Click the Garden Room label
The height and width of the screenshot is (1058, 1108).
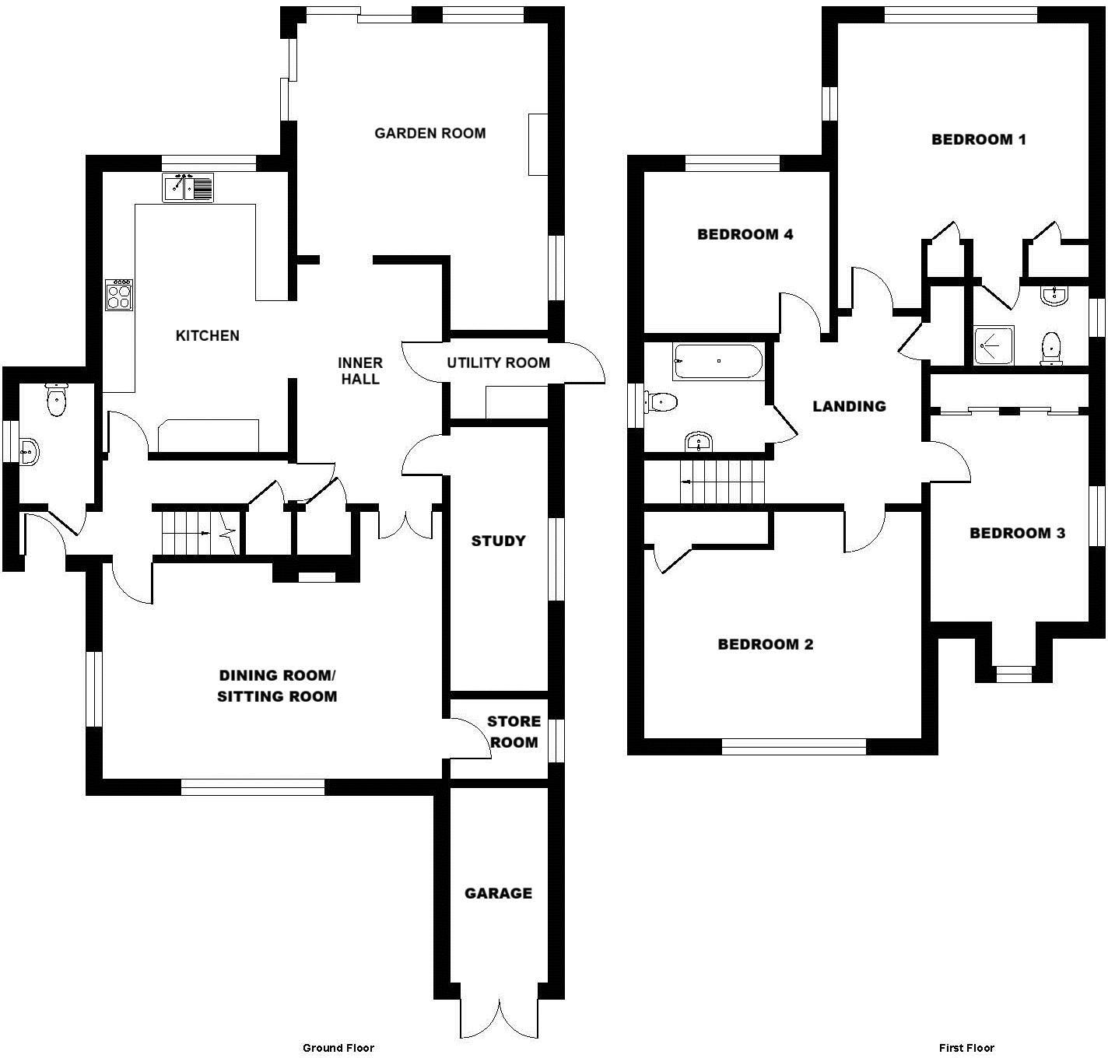tap(430, 133)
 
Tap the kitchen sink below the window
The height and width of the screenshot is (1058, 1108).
tap(188, 187)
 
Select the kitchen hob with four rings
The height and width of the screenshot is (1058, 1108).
tap(119, 295)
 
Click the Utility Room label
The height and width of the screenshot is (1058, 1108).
tap(498, 363)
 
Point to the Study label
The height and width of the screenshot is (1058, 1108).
tap(498, 541)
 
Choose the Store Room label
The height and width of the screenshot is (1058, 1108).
tap(514, 731)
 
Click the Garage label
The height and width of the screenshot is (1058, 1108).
tap(498, 893)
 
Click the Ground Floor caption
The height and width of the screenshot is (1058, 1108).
tap(338, 1048)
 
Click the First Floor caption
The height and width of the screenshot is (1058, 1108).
tap(966, 1048)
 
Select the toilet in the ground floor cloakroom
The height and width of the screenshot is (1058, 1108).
tap(57, 400)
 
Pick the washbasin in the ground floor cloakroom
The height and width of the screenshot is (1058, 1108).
tap(29, 451)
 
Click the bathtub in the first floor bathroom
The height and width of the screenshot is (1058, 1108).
tap(717, 361)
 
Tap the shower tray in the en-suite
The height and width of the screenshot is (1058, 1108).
tap(994, 345)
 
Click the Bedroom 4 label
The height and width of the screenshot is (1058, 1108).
tap(745, 234)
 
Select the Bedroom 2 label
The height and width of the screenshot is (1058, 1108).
tap(765, 644)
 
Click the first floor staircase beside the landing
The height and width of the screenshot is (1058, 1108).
tap(724, 482)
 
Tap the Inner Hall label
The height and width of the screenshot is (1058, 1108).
tap(359, 371)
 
